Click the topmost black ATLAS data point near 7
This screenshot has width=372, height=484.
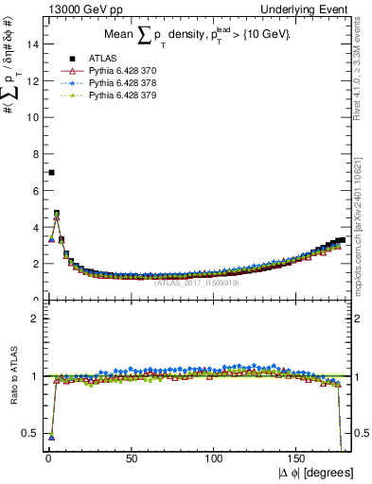[51, 172]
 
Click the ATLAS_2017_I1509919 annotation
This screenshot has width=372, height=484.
[196, 281]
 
